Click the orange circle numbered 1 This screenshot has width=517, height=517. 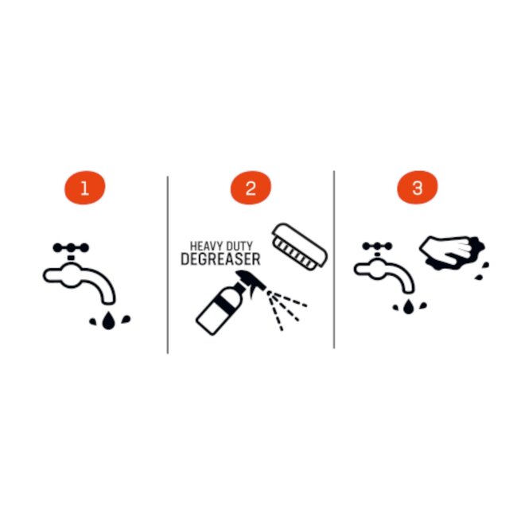(85, 188)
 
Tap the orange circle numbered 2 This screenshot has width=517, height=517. (251, 188)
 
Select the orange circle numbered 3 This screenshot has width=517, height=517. (417, 187)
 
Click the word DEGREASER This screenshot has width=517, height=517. (220, 259)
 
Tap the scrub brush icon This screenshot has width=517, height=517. (299, 247)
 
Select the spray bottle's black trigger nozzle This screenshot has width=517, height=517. (251, 281)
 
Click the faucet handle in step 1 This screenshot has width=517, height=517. (71, 247)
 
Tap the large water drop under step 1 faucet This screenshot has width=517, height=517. (108, 321)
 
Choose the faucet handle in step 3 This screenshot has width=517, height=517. (377, 246)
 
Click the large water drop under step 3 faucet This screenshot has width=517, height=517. (408, 306)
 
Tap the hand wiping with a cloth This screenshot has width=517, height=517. (452, 253)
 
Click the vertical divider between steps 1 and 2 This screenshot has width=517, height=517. (168, 265)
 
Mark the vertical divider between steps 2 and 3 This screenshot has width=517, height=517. (334, 259)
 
